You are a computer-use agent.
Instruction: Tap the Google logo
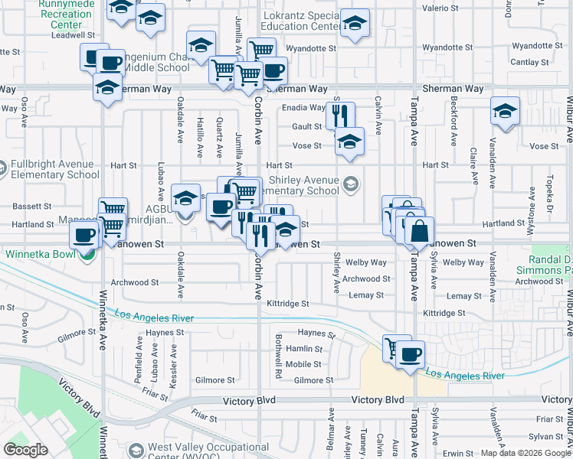pos(26,450)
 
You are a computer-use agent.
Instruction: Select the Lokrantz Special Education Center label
pos(301,21)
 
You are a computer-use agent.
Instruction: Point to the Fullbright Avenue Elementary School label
pos(51,169)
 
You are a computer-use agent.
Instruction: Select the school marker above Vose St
pos(349,141)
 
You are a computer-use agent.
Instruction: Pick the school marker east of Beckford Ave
pos(505,111)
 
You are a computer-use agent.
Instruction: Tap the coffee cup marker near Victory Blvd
pos(410,354)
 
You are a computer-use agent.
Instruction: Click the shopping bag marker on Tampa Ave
pos(419,231)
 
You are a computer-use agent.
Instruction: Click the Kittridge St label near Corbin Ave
pos(287,304)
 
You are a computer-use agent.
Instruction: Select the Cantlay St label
pos(529,62)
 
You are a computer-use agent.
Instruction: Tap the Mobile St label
pos(303,364)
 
